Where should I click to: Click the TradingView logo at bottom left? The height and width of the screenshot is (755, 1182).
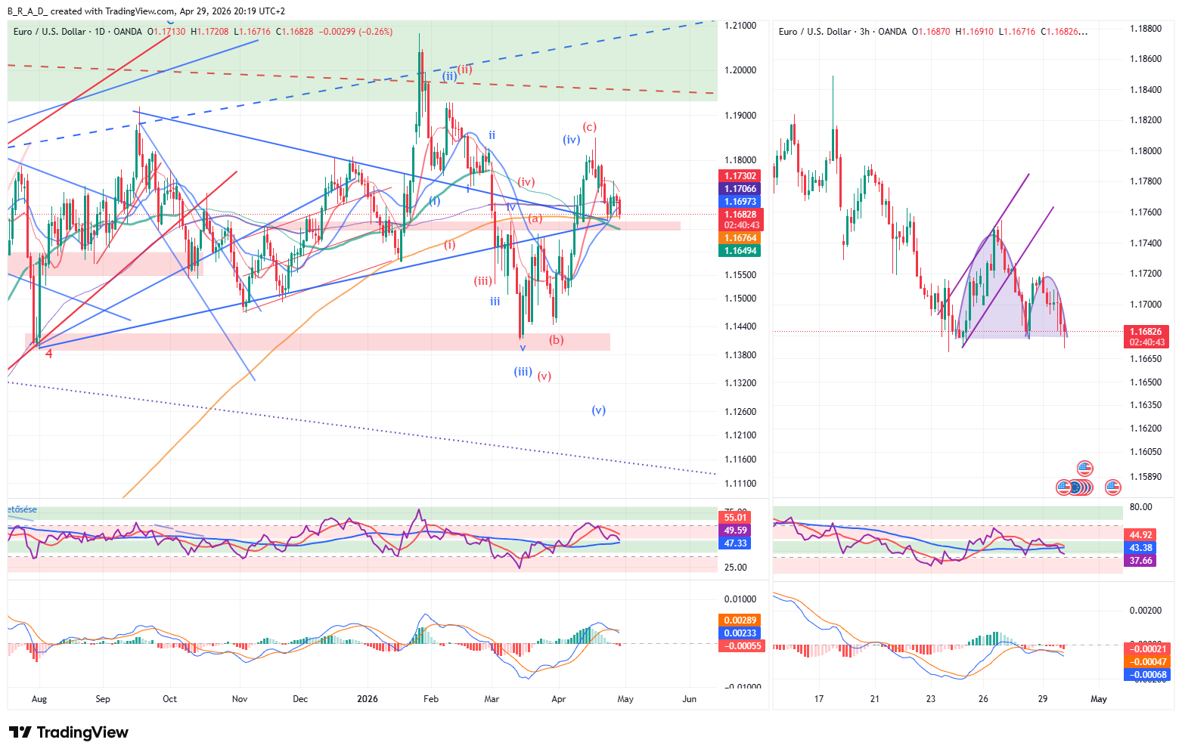click(68, 732)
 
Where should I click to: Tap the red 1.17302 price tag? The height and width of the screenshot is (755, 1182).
click(740, 176)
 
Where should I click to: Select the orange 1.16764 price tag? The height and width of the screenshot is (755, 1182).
click(740, 238)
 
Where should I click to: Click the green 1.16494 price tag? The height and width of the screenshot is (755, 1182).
click(740, 251)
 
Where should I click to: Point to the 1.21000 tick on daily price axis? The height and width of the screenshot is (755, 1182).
click(740, 26)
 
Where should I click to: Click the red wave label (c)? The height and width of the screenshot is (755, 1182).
click(589, 127)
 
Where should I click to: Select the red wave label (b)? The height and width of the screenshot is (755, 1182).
click(557, 340)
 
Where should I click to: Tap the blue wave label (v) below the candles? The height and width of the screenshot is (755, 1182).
click(599, 410)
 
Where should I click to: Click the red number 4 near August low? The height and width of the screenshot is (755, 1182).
click(48, 354)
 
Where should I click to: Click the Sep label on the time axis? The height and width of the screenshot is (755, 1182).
click(103, 699)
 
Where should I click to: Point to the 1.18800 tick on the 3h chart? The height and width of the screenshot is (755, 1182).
click(1146, 29)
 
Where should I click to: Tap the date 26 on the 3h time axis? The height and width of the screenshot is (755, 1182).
click(983, 699)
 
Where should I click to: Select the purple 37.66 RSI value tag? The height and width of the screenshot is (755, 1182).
click(1140, 561)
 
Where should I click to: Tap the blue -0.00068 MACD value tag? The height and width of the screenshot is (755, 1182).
click(1148, 675)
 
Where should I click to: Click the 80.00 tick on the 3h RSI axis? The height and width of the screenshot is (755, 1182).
click(1140, 507)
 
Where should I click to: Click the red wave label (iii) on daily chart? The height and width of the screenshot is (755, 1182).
click(483, 281)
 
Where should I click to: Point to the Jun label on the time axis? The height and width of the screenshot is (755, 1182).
click(689, 699)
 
